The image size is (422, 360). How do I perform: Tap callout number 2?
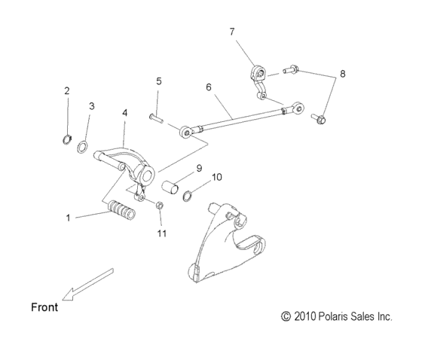coord(66,91)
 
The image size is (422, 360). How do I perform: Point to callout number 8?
coord(343,75)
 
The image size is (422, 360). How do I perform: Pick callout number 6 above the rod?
coord(209,87)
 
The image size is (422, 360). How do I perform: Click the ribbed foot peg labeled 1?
coord(121,209)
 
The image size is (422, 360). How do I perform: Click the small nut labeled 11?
coord(160,206)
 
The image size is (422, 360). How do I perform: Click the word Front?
coord(44,307)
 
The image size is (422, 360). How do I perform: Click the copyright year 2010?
coord(303,318)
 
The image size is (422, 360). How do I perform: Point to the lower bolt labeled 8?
coord(318,119)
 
